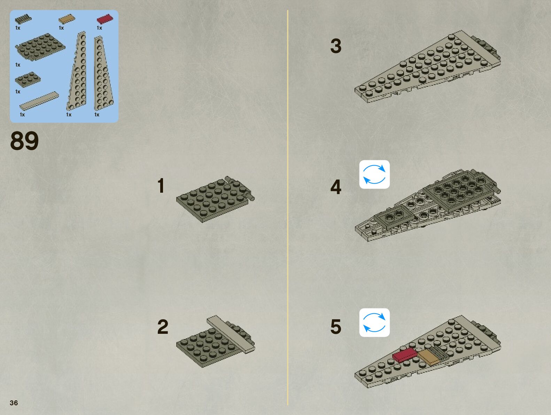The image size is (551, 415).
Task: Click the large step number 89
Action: (24, 141)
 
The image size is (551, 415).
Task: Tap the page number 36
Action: (14, 403)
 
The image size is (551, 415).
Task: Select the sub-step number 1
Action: (161, 186)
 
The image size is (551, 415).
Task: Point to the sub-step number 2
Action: (163, 327)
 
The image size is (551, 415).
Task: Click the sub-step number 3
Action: (336, 46)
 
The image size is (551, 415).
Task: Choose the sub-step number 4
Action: (336, 187)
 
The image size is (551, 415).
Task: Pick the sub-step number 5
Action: (336, 327)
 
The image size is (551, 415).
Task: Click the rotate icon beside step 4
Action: (374, 174)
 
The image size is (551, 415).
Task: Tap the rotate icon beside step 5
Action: (374, 323)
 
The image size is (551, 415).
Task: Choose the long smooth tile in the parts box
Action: (39, 101)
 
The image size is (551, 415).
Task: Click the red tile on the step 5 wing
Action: (404, 355)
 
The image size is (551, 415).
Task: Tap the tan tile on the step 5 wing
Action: (429, 358)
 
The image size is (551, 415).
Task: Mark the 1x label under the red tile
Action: (99, 28)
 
